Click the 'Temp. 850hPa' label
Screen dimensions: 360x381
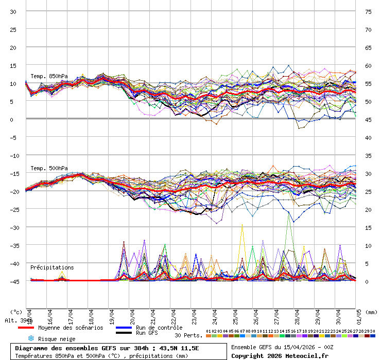coord(49,76)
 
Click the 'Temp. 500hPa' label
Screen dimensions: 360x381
coord(49,168)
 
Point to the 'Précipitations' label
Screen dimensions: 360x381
coord(52,267)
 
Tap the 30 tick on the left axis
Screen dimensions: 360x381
coord(13,11)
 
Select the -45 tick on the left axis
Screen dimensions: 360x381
coord(13,281)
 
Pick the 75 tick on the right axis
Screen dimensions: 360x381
coord(368,11)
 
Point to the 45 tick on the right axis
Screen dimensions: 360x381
coord(368,119)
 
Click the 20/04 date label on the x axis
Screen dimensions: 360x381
coord(132,314)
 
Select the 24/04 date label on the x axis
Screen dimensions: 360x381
coord(214,314)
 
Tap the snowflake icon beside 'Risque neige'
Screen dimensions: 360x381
coord(31,338)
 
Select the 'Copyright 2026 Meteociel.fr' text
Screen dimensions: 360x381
coord(280,355)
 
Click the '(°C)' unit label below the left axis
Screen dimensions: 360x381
coord(16,312)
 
